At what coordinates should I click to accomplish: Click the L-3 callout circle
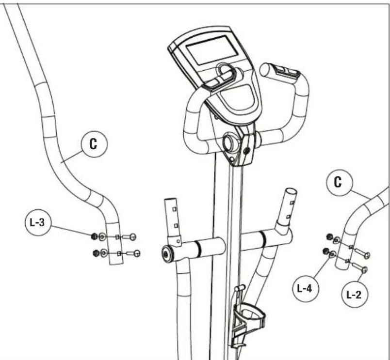point(38,222)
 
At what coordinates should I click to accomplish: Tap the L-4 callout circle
point(306,289)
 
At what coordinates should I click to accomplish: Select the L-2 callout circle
point(355,295)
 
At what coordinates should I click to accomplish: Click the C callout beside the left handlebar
point(94,144)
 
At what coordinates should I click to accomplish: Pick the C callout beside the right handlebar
point(339,183)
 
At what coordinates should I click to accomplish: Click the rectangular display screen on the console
point(212,50)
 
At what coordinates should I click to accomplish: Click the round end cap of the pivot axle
point(166,254)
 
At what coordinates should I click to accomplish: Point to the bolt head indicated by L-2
point(364,269)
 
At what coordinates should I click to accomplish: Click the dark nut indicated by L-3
point(94,236)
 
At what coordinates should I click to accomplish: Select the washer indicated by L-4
point(332,254)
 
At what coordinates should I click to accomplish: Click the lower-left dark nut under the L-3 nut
point(96,253)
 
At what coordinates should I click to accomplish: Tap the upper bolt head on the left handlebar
point(133,237)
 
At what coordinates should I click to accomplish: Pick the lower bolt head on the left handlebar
point(137,253)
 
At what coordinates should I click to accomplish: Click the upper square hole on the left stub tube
point(174,209)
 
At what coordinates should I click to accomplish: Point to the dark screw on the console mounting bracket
point(247,151)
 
